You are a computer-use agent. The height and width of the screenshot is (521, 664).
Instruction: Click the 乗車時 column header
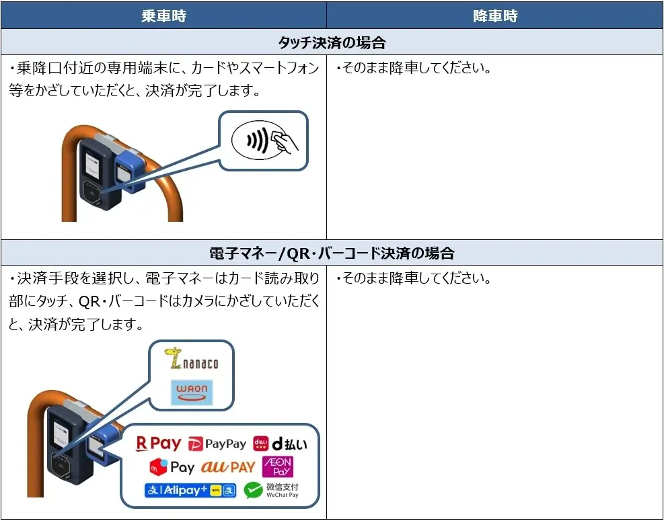[x=163, y=16]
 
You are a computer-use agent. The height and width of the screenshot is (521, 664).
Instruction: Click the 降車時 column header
[x=495, y=16]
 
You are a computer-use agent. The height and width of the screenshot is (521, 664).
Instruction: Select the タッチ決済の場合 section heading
[x=332, y=43]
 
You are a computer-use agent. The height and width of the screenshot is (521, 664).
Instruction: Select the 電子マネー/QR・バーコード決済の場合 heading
[x=332, y=253]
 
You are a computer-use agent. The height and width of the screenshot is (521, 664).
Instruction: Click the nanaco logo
[x=192, y=361]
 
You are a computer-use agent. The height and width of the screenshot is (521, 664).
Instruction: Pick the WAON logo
[x=192, y=391]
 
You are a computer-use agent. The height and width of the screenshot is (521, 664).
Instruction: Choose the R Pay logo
[x=159, y=444]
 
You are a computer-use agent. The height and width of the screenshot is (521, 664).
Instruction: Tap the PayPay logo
[x=217, y=444]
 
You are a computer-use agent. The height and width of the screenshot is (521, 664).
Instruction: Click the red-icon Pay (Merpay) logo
[x=172, y=467]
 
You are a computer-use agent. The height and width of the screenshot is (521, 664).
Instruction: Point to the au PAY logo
[x=229, y=467]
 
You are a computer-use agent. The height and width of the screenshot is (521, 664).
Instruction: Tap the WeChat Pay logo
[x=272, y=490]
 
